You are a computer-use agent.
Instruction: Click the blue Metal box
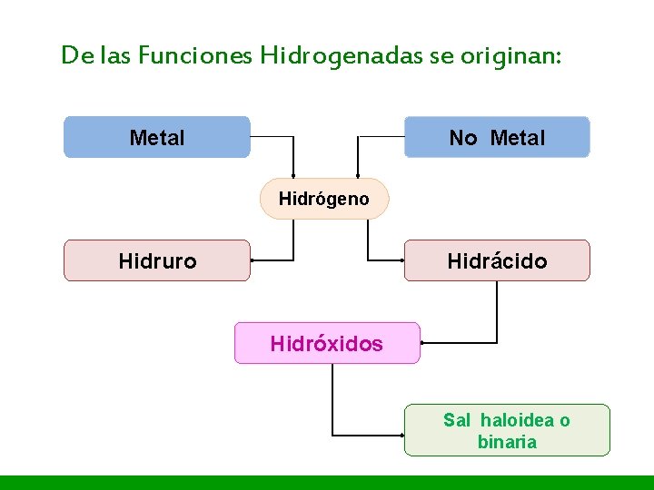(x=156, y=137)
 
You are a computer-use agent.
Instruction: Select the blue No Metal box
(x=497, y=137)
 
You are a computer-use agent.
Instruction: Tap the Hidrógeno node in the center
(x=324, y=199)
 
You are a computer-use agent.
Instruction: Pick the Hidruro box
(x=156, y=260)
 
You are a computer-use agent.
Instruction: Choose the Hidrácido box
(x=497, y=260)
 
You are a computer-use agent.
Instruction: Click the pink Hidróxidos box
(x=327, y=343)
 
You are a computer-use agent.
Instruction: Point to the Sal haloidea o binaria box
(x=507, y=430)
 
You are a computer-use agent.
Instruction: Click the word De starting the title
(x=74, y=55)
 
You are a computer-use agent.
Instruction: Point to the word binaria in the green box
(x=507, y=442)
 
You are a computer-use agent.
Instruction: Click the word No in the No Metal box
(x=462, y=138)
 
